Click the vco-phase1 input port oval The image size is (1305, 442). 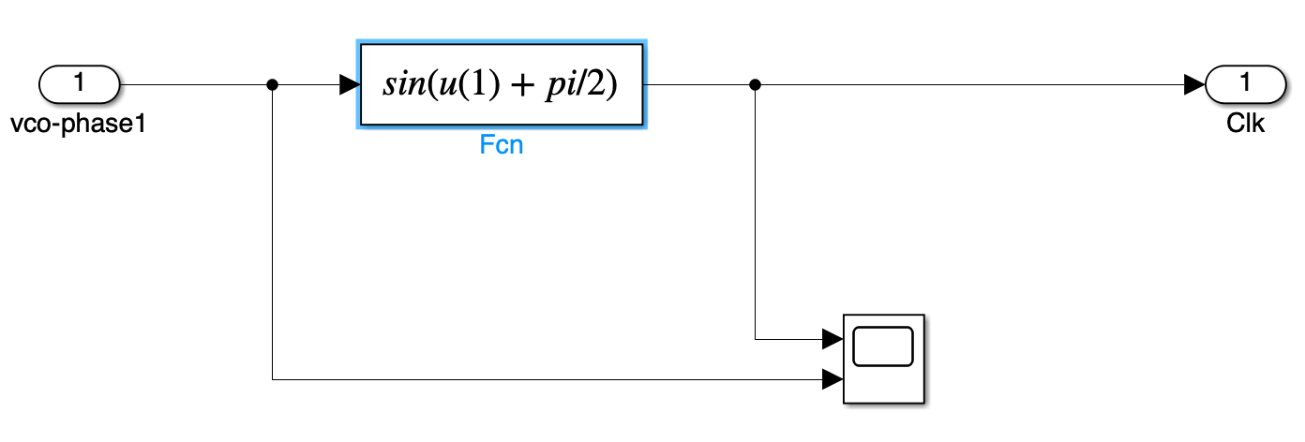(79, 84)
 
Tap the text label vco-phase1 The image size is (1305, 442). (80, 124)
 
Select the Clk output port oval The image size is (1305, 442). (1245, 84)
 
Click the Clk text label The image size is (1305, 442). (1245, 124)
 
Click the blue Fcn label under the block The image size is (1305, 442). (502, 147)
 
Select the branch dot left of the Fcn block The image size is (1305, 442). (272, 84)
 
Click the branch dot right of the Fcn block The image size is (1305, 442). (755, 84)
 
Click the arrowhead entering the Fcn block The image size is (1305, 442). (349, 84)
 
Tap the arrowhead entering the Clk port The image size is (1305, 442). (1194, 84)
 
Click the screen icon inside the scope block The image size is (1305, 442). (883, 346)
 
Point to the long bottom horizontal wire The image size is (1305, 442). (544, 379)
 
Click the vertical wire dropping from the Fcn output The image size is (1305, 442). (755, 215)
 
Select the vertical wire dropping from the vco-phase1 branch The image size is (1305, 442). (272, 234)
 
